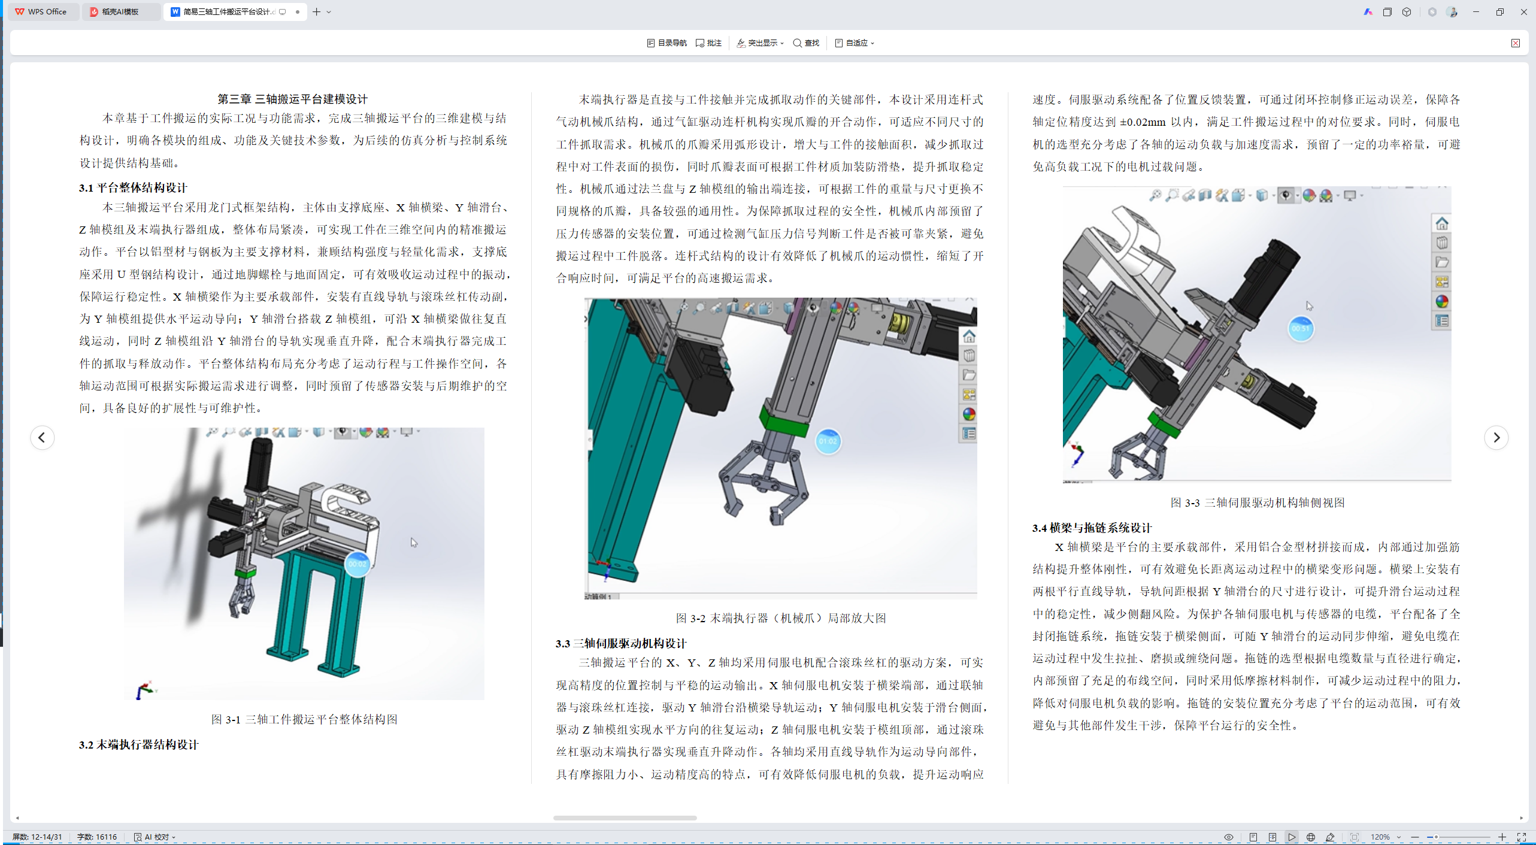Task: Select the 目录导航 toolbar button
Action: click(666, 43)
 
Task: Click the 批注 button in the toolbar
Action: click(708, 43)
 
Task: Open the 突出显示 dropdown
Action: click(760, 43)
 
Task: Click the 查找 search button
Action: click(806, 43)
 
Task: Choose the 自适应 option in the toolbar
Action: click(855, 43)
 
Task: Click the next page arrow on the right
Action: click(1496, 437)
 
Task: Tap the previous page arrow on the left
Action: click(42, 437)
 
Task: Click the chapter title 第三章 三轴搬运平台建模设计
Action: click(292, 99)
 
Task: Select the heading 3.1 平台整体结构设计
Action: click(133, 187)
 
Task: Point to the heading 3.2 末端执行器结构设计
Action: click(138, 744)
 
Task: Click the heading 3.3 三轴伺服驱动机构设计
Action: click(621, 643)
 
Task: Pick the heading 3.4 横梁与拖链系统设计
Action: click(1092, 528)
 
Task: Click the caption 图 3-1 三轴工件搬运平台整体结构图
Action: click(304, 719)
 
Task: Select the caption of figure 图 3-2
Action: click(781, 618)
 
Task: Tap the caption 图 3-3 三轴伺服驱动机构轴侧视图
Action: click(1258, 502)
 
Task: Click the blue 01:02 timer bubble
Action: click(828, 441)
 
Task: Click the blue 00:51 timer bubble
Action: click(1301, 328)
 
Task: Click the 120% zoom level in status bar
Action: click(1380, 837)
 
